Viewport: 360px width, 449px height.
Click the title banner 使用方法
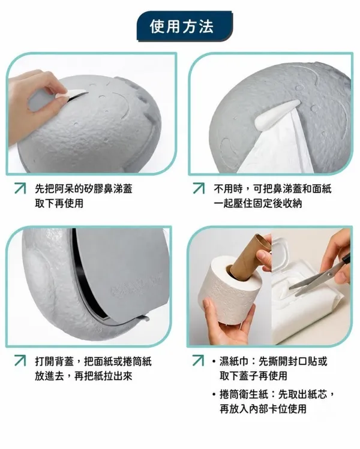point(185,26)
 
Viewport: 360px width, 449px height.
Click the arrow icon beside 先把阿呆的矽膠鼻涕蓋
point(20,188)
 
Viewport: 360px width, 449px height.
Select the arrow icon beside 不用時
point(199,188)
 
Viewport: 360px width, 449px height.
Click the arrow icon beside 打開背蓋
point(20,360)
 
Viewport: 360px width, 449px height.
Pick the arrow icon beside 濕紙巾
point(199,360)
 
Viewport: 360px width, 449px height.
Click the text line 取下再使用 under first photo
point(59,203)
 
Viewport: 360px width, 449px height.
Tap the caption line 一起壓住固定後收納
point(257,203)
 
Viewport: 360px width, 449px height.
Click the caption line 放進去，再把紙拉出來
point(83,376)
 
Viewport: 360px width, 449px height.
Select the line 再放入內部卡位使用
point(263,409)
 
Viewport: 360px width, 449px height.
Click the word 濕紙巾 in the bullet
point(234,361)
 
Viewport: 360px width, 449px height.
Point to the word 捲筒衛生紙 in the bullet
point(244,394)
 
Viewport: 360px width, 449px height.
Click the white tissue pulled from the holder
point(276,146)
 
